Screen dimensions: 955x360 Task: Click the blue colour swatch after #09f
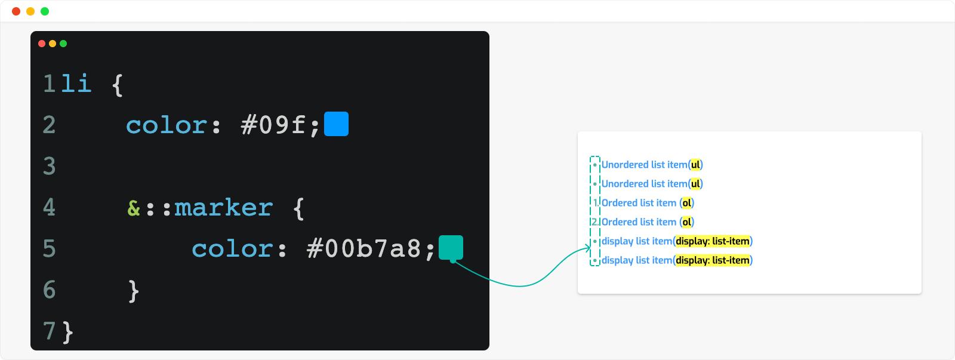[337, 124]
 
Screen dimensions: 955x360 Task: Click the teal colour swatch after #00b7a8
[451, 247]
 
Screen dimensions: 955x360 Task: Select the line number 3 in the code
[50, 166]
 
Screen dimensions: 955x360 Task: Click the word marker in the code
[223, 207]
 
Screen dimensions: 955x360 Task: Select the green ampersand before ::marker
[134, 208]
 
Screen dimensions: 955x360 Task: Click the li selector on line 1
[76, 83]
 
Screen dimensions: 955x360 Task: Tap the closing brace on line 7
[68, 332]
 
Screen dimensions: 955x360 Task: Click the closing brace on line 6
[134, 291]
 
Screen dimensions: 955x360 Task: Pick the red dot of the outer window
[16, 11]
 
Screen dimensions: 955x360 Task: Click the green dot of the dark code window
[63, 44]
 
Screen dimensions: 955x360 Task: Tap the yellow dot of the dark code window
[53, 44]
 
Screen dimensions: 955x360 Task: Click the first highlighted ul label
[695, 165]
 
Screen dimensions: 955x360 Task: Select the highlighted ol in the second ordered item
[686, 222]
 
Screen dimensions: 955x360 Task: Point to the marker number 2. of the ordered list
[595, 222]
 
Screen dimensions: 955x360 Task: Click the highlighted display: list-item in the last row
[713, 260]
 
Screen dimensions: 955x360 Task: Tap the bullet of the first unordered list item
[594, 165]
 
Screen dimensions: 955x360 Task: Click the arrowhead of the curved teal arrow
[589, 248]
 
